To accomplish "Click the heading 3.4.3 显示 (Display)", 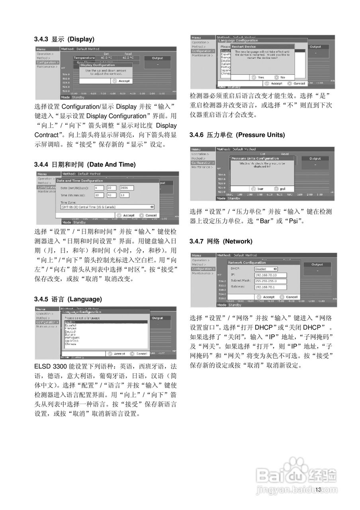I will [x=64, y=39].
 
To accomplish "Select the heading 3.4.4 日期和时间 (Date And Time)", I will [x=85, y=164].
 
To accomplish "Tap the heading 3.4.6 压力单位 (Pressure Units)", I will [x=237, y=135].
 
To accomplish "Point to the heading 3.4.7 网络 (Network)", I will [x=221, y=241].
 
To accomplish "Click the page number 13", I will [x=318, y=490].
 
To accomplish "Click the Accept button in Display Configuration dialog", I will [x=121, y=81].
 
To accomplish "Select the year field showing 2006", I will [x=127, y=188].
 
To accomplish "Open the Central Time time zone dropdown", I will [x=107, y=207].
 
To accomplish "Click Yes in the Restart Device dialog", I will [x=258, y=77].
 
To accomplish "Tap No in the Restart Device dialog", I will [x=280, y=77].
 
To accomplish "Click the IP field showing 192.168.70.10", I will [x=271, y=275].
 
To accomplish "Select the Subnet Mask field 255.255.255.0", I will [x=271, y=281].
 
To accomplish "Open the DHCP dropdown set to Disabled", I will [x=265, y=269].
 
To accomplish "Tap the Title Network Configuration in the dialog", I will [x=247, y=263].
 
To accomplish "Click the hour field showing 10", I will [x=99, y=195].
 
